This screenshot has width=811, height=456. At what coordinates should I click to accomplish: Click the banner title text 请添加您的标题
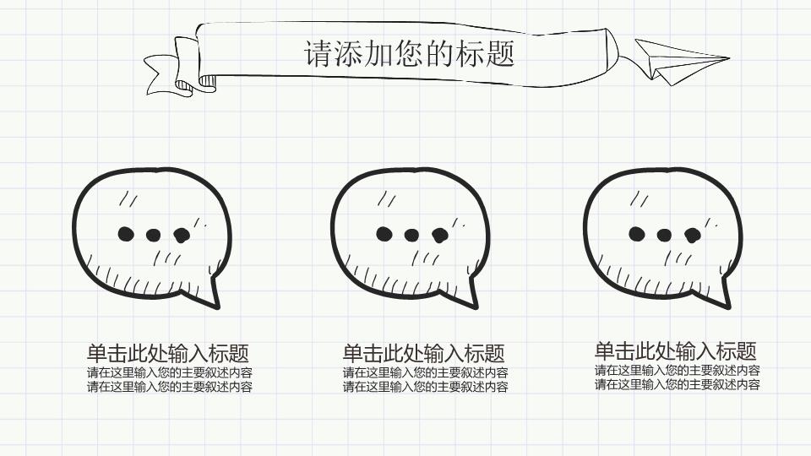pyautogui.click(x=409, y=54)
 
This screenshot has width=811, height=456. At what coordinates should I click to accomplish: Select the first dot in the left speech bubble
pyautogui.click(x=126, y=234)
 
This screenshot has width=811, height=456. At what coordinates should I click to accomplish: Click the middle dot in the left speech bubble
pyautogui.click(x=153, y=236)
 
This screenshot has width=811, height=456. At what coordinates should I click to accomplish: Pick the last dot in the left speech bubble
pyautogui.click(x=182, y=236)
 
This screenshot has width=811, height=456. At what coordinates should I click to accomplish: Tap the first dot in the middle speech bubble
pyautogui.click(x=384, y=234)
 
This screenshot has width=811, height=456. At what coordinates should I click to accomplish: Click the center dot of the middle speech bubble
pyautogui.click(x=411, y=236)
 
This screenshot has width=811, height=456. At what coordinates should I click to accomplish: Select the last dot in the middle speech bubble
pyautogui.click(x=439, y=236)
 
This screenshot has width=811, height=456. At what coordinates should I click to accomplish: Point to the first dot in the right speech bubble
pyautogui.click(x=636, y=234)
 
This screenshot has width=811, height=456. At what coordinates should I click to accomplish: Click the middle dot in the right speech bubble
pyautogui.click(x=664, y=236)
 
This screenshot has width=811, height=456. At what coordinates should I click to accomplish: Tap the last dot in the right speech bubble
pyautogui.click(x=693, y=236)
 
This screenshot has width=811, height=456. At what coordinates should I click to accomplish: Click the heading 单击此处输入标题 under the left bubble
pyautogui.click(x=168, y=354)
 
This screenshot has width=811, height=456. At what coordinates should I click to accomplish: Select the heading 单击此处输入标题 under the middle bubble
pyautogui.click(x=423, y=354)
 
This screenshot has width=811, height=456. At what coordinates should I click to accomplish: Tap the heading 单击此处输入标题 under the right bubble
pyautogui.click(x=676, y=351)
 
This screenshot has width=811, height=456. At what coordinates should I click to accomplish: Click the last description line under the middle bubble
pyautogui.click(x=425, y=387)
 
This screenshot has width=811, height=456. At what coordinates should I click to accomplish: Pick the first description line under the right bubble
pyautogui.click(x=677, y=370)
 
